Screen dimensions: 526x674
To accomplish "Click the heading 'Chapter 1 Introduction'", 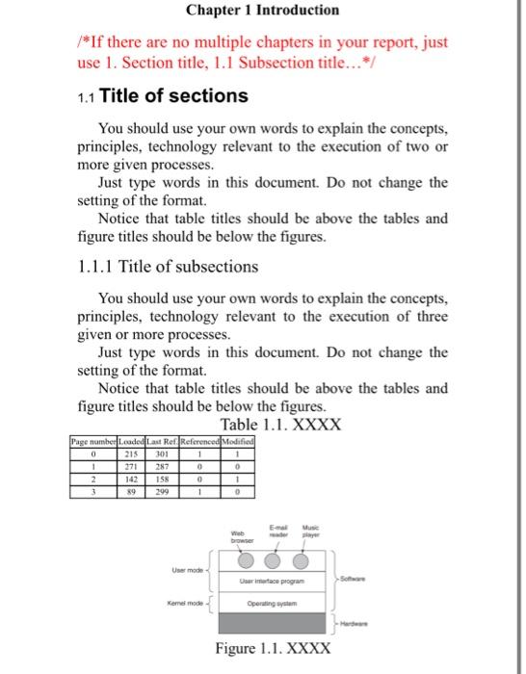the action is point(262,11).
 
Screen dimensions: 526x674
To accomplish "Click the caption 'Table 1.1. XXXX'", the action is point(280,425).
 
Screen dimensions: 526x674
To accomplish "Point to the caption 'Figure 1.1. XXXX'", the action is point(276,648).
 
